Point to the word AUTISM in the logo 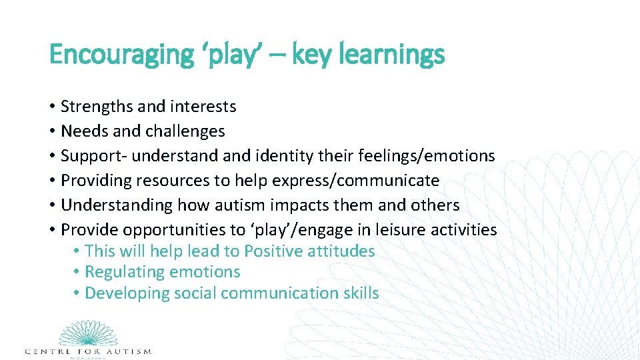pyautogui.click(x=127, y=351)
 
